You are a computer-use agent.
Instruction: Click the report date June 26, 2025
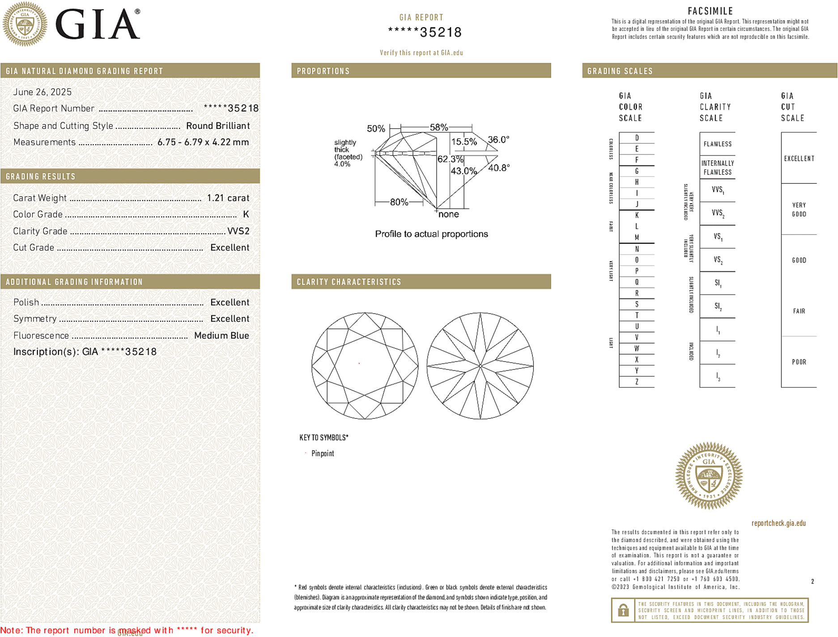pyautogui.click(x=43, y=92)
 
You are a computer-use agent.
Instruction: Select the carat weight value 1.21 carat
pyautogui.click(x=228, y=198)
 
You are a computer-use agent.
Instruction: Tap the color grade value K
pyautogui.click(x=246, y=215)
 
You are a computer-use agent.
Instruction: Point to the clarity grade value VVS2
pyautogui.click(x=238, y=231)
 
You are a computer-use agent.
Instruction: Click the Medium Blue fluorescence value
pyautogui.click(x=221, y=336)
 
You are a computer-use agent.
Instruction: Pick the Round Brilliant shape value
pyautogui.click(x=218, y=126)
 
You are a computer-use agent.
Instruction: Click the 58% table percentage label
pyautogui.click(x=438, y=127)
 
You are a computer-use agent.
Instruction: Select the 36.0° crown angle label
pyautogui.click(x=498, y=140)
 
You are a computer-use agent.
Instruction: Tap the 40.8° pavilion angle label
pyautogui.click(x=499, y=168)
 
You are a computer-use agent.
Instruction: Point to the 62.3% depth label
pyautogui.click(x=450, y=159)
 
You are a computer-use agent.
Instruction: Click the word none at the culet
pyautogui.click(x=449, y=214)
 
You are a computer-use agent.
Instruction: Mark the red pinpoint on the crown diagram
pyautogui.click(x=359, y=363)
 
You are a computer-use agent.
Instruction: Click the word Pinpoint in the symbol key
pyautogui.click(x=323, y=453)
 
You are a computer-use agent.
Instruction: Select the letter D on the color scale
pyautogui.click(x=637, y=138)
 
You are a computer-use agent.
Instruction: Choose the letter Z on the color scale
pyautogui.click(x=637, y=382)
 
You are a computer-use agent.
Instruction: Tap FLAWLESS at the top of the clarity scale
pyautogui.click(x=717, y=144)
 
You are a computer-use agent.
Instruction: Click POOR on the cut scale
pyautogui.click(x=799, y=362)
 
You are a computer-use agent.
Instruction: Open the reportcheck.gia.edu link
pyautogui.click(x=778, y=523)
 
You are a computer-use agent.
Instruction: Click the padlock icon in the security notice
pyautogui.click(x=623, y=610)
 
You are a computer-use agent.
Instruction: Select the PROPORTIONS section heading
pyautogui.click(x=323, y=71)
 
